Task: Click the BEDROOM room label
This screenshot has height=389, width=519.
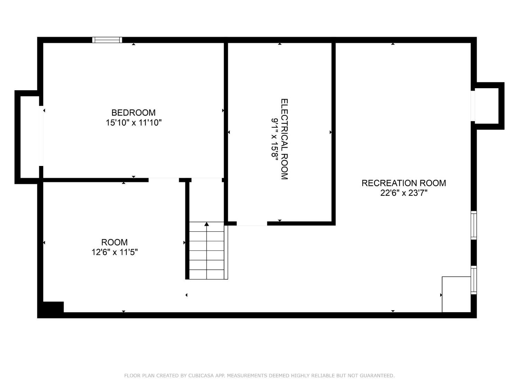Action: [133, 112]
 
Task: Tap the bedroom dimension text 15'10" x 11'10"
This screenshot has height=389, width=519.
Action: [134, 122]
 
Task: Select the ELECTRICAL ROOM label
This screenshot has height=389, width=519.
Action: [284, 139]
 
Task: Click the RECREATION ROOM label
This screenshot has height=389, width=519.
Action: [403, 183]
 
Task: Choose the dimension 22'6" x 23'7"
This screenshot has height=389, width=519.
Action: [403, 193]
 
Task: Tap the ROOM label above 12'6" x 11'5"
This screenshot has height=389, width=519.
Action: [114, 242]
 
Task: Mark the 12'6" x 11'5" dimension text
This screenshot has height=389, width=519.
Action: [114, 252]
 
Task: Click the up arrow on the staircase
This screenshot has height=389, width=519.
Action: [207, 224]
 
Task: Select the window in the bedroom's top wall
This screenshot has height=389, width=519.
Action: [107, 40]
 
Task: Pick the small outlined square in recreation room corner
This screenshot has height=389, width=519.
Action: [456, 294]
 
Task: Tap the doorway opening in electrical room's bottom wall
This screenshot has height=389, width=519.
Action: [252, 223]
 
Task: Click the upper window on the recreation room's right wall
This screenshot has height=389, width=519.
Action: [474, 225]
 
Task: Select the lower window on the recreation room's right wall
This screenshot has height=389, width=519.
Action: [474, 280]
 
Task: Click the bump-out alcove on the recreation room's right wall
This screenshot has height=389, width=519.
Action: [487, 106]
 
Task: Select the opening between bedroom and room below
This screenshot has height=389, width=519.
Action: [164, 180]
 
